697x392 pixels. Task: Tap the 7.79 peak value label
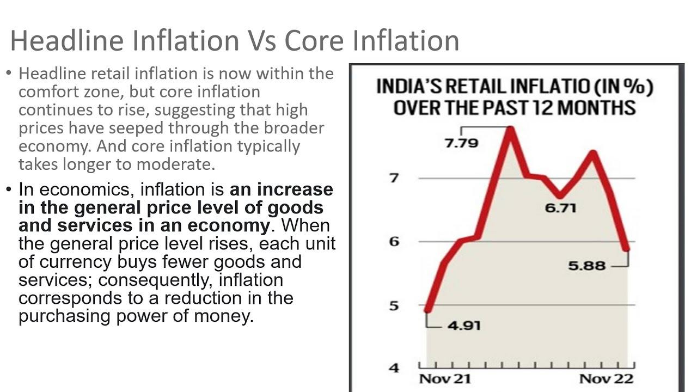462,143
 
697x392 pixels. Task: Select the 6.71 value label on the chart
560,208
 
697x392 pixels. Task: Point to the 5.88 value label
587,266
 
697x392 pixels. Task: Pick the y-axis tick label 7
394,178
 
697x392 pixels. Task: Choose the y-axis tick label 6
394,242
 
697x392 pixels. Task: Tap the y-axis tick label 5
394,305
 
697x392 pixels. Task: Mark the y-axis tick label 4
394,368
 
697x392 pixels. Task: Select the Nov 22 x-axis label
607,379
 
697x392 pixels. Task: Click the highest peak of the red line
511,128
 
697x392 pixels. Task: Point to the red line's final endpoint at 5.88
626,249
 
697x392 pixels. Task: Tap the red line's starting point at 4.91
428,310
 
